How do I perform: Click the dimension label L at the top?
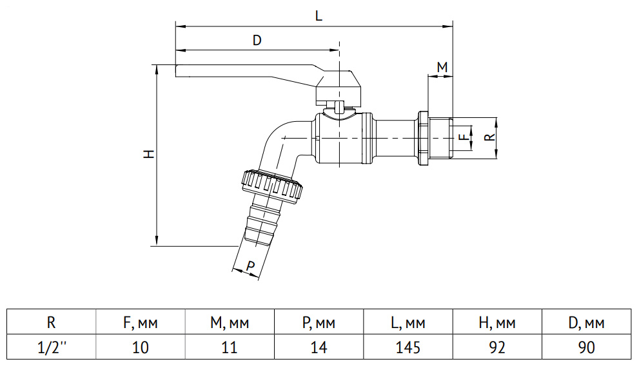tap(319, 16)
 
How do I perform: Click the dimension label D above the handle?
tap(257, 41)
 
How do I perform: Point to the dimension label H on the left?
tap(150, 154)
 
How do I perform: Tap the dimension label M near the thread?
tap(442, 67)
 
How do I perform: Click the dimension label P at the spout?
tap(250, 266)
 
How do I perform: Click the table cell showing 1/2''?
tap(52, 347)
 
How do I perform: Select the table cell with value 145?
tap(408, 347)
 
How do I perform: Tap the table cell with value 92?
tap(497, 347)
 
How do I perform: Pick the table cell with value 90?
tap(586, 347)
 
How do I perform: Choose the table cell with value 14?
tap(319, 347)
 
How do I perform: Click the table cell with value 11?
tap(230, 347)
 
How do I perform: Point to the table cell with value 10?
tap(140, 347)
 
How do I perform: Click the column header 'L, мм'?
tap(408, 322)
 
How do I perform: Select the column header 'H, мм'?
tap(497, 322)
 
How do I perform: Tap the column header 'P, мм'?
tap(319, 322)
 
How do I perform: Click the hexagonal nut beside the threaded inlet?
tap(422, 138)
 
